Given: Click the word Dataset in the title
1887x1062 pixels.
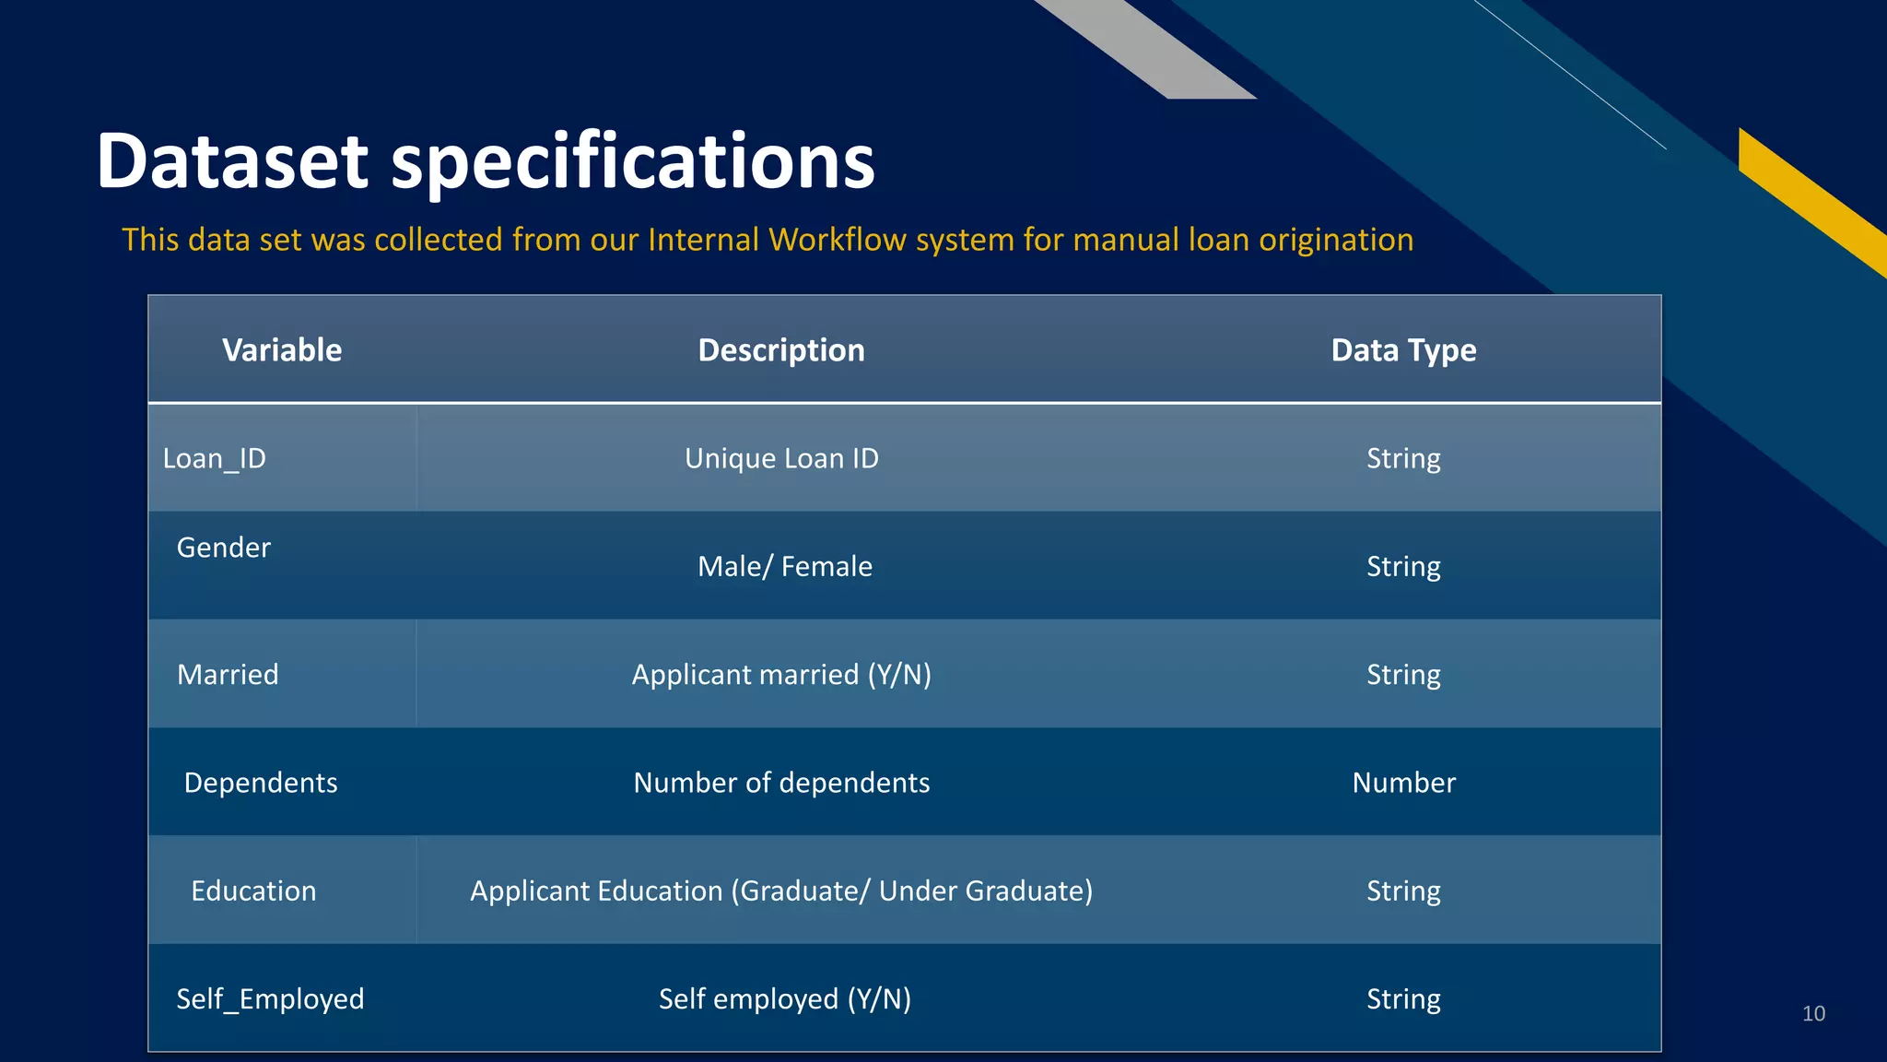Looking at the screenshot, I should (x=232, y=161).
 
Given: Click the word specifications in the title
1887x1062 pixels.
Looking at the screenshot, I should (x=633, y=161).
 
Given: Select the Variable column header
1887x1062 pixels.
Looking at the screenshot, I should (x=282, y=350).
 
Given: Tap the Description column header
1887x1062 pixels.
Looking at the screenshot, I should (x=781, y=350).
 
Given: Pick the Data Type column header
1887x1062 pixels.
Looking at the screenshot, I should (x=1403, y=350).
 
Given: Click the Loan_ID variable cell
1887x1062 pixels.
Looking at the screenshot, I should (x=215, y=458).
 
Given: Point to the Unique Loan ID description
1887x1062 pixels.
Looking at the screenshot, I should (x=781, y=458).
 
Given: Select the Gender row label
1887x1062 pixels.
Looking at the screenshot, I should (x=224, y=548).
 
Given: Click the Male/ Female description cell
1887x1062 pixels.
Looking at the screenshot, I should (x=785, y=566).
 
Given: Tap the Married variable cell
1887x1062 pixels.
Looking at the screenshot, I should (x=228, y=675).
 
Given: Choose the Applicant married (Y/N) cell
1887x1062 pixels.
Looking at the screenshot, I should (x=781, y=675).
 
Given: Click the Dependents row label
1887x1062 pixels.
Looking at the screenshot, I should (x=261, y=783).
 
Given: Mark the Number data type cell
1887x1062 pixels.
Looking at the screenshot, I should (x=1403, y=783).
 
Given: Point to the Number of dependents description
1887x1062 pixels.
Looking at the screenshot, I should (x=781, y=783).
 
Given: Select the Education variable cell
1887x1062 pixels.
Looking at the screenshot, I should (x=253, y=891).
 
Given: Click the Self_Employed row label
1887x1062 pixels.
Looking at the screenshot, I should (x=270, y=998).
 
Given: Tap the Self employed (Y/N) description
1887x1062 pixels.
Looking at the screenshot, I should (x=785, y=998).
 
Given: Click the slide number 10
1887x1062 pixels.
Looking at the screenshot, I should (x=1813, y=1013).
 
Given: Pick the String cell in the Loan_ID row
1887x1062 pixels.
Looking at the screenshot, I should (x=1403, y=458).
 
